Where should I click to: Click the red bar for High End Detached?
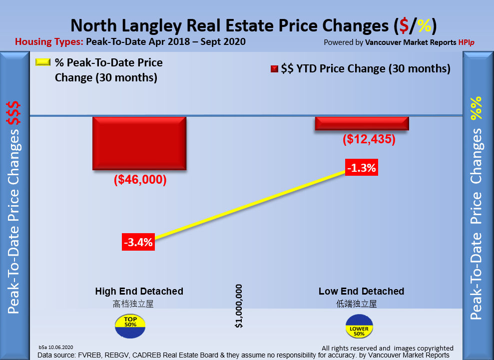click(x=139, y=143)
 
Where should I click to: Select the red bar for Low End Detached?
click(x=362, y=124)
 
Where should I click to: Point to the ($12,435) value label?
click(x=369, y=139)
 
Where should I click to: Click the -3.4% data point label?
click(x=138, y=243)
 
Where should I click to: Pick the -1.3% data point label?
click(x=362, y=168)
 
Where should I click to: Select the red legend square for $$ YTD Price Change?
click(x=274, y=69)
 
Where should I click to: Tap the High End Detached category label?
click(x=139, y=291)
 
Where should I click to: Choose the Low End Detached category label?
click(x=361, y=291)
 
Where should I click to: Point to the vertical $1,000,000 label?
click(x=239, y=306)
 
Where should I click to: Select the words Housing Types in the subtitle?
click(x=49, y=42)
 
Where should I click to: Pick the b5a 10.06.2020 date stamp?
click(x=56, y=347)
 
